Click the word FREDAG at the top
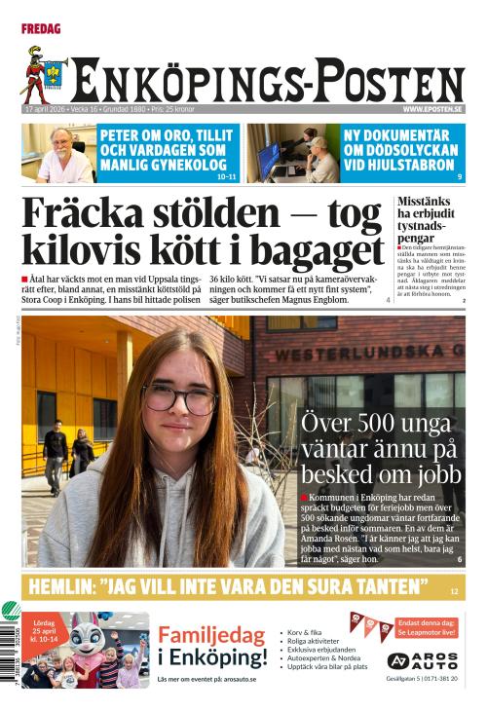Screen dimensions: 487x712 click(x=41, y=29)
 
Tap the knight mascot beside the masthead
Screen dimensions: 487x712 click(x=43, y=76)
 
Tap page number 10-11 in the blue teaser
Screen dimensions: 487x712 click(x=226, y=176)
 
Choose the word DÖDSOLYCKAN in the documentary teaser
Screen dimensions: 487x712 click(x=399, y=151)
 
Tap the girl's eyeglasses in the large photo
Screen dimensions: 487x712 click(x=180, y=397)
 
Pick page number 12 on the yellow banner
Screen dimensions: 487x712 click(x=454, y=590)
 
